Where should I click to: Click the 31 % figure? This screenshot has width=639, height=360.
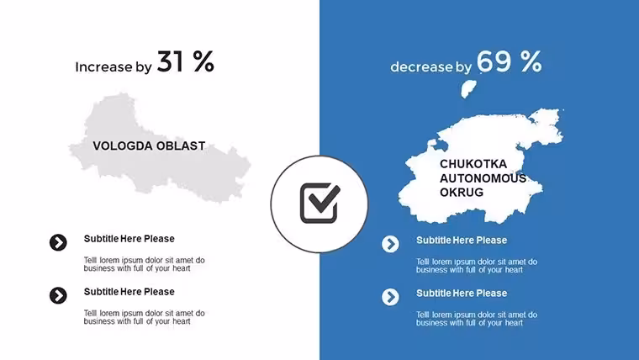pos(186,61)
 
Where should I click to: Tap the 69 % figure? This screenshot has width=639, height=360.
pos(509,61)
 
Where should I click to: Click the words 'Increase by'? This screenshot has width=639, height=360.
pos(114,66)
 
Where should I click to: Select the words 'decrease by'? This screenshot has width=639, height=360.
pos(430,66)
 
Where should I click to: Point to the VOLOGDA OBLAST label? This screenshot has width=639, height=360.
pos(149,146)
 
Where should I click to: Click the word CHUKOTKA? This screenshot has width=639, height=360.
pos(473,164)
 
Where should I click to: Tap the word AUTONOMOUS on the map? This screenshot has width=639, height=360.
pos(483,178)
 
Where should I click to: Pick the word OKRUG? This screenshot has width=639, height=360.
pos(462,193)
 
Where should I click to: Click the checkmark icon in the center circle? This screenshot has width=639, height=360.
pos(319,203)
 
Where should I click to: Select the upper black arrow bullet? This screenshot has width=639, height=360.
pos(58,242)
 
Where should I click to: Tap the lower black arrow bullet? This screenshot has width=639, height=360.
pos(58,295)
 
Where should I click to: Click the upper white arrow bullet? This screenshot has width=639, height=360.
pos(390,244)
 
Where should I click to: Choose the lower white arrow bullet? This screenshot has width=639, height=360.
pos(390,297)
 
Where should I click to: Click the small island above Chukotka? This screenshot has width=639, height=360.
pos(467,89)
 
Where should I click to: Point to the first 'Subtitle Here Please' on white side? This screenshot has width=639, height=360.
pos(129,239)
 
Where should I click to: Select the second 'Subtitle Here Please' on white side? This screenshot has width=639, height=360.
pos(129,292)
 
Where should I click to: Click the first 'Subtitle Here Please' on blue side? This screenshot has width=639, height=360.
pos(462,241)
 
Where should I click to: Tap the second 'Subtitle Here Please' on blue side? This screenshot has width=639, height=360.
pos(462,294)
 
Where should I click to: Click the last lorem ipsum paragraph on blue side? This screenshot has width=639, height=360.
pos(477,319)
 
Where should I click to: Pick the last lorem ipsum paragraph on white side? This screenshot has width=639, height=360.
pos(145,317)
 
